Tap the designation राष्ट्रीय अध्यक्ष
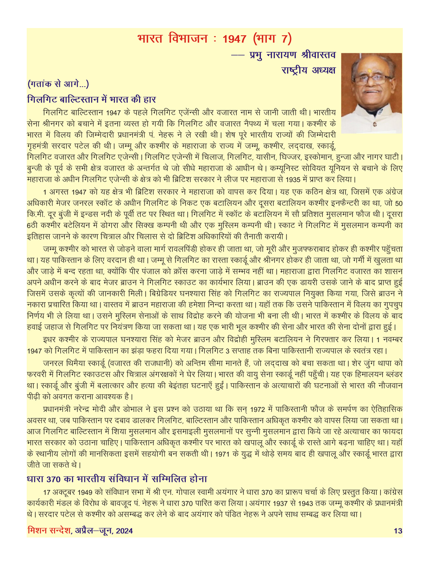click(x=309, y=70)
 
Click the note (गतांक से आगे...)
click(x=58, y=84)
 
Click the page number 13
click(x=397, y=531)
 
